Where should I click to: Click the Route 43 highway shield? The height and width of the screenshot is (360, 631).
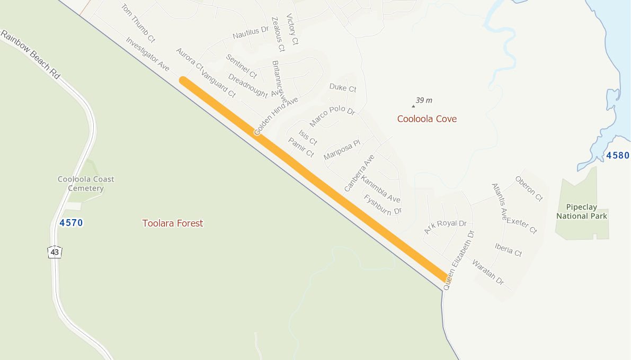click(x=55, y=252)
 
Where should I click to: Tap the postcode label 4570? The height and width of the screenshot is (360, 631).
click(x=71, y=223)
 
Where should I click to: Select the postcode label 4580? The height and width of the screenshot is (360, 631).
click(x=617, y=155)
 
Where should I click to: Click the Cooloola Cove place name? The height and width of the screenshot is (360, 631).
click(x=427, y=119)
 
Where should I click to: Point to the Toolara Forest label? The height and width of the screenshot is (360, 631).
click(x=173, y=223)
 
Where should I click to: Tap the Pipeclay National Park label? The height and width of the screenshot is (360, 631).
click(x=582, y=211)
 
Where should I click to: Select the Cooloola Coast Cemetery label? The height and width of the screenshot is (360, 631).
click(x=86, y=184)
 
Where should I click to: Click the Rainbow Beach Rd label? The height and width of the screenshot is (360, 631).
click(x=31, y=55)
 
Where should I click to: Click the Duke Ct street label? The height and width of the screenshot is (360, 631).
click(x=343, y=87)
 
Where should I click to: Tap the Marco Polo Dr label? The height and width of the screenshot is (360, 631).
click(x=332, y=116)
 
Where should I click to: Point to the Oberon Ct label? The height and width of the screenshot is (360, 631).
click(x=529, y=189)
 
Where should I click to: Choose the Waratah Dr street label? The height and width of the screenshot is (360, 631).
click(x=487, y=272)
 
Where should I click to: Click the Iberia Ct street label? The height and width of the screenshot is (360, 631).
click(x=508, y=249)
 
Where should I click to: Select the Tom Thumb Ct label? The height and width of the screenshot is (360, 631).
click(x=138, y=23)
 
